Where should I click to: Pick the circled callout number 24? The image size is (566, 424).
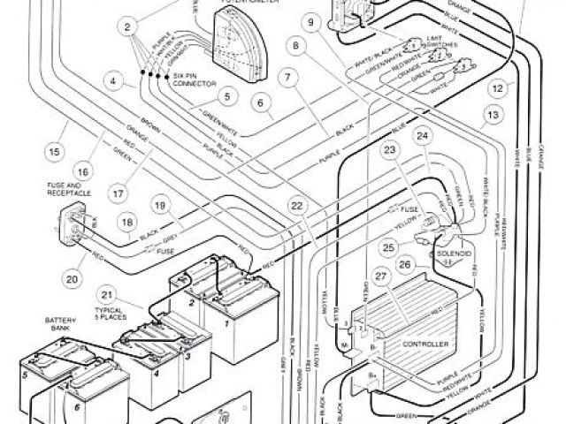[x=422, y=136]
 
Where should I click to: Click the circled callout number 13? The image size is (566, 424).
[x=493, y=115]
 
